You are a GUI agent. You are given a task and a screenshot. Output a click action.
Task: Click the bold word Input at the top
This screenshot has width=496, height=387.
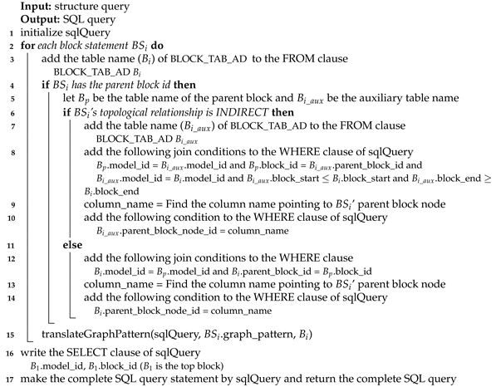(x=36, y=7)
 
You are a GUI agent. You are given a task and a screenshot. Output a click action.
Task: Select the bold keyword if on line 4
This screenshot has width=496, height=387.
(x=45, y=86)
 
